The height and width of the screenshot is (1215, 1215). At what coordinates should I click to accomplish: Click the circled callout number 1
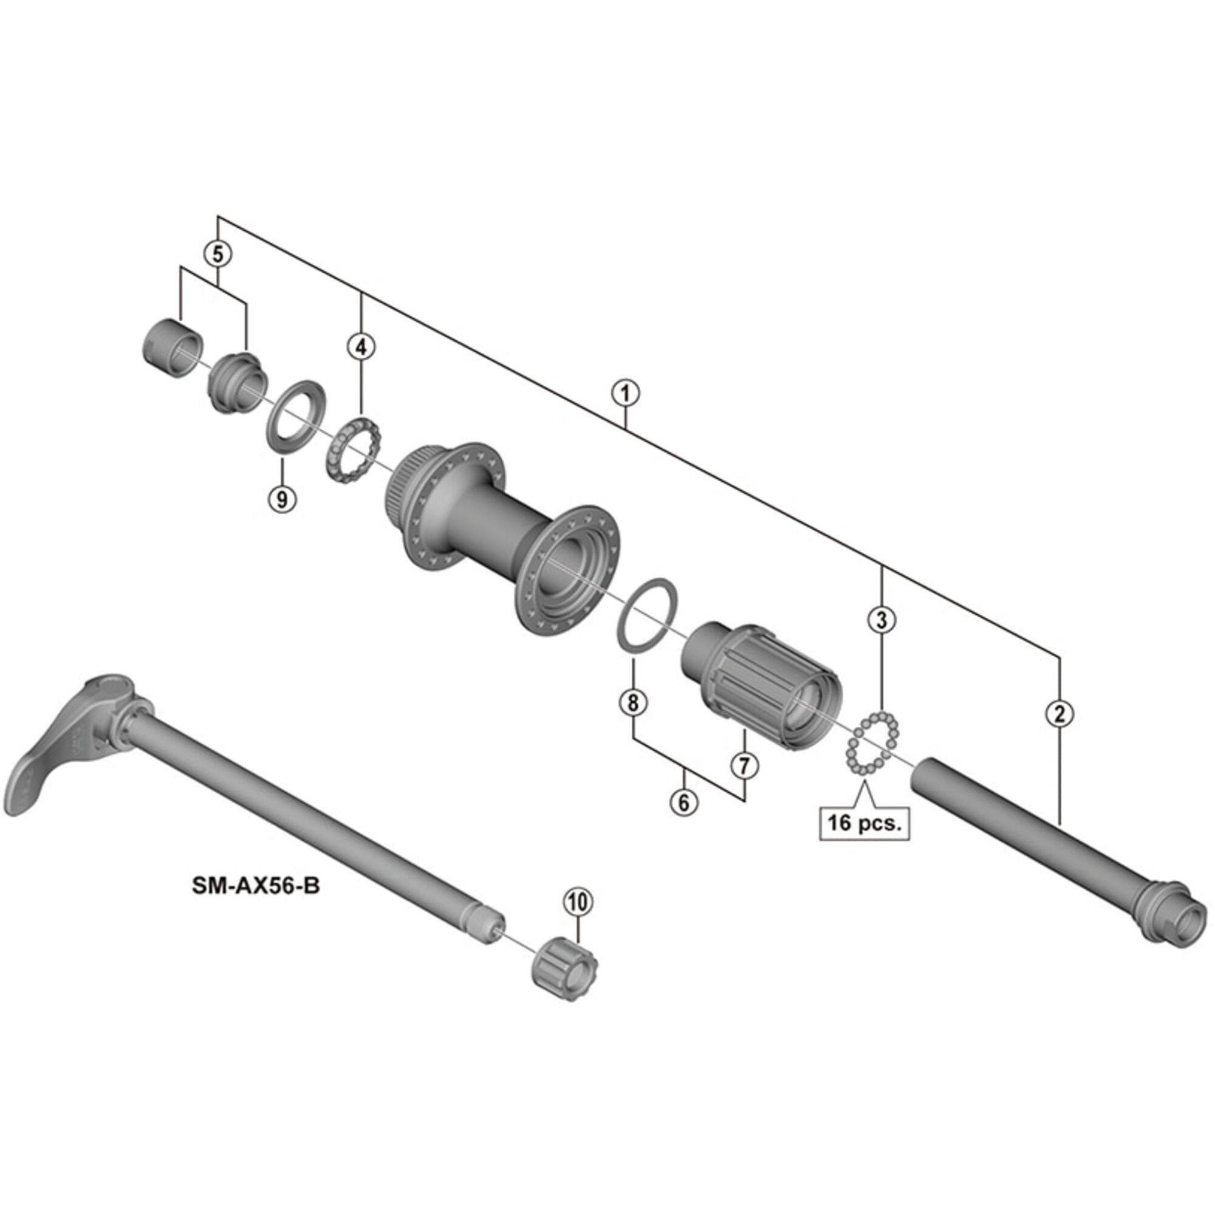pos(625,394)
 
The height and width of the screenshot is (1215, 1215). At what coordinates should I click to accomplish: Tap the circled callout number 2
pos(1059,713)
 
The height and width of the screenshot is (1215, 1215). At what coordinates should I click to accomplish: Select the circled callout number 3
pos(881,620)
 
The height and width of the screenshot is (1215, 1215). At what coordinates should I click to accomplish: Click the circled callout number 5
pos(217,254)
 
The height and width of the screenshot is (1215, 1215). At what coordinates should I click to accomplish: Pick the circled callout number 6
pos(683,802)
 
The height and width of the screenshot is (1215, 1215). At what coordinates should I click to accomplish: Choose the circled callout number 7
pos(744,765)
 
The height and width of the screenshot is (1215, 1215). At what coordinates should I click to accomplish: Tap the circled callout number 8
pos(632,702)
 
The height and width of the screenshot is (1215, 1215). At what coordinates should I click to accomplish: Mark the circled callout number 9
pos(282,499)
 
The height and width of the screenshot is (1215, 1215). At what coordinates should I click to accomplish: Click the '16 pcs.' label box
pos(864,823)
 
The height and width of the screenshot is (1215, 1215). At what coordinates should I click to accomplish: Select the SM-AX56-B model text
pos(256,886)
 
